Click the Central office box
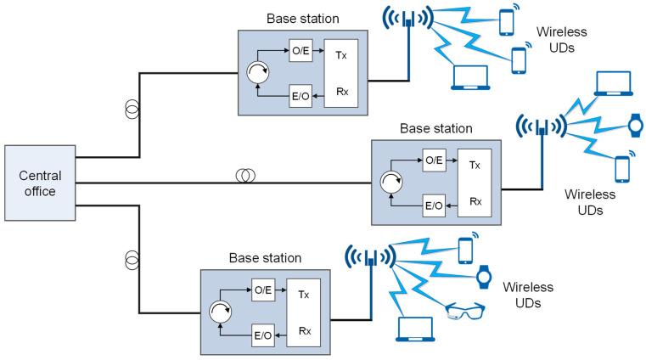point(39,184)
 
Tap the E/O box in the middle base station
point(433,206)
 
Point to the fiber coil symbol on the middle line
point(244,176)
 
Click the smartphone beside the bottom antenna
point(464,250)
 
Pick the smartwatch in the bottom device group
point(484,277)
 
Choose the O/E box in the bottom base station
point(263,291)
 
